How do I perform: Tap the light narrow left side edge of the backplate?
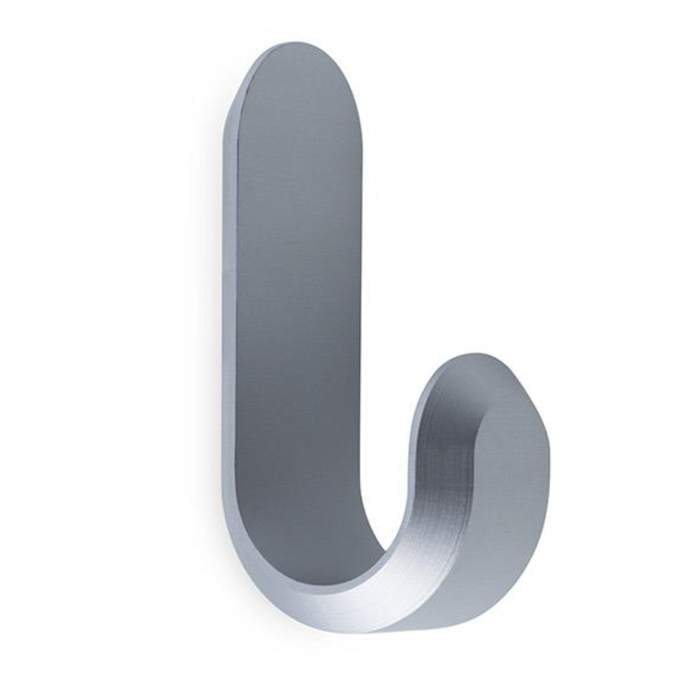pyautogui.click(x=229, y=316)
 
